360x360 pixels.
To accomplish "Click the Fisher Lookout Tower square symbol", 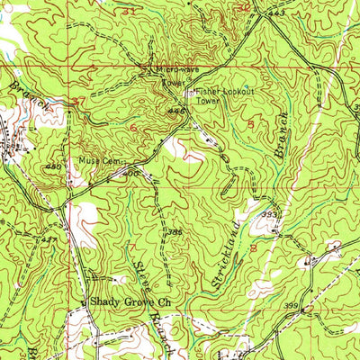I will (x=188, y=93).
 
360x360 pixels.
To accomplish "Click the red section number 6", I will (x=134, y=129).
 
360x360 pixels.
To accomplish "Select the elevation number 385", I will (x=175, y=232).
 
